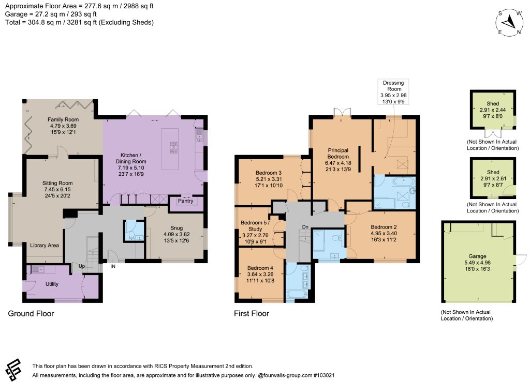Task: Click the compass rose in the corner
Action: pos(509,23)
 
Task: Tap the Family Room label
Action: pos(63,119)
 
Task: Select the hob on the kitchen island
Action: pos(173,147)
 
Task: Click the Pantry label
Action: pos(186,201)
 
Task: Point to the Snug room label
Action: pos(176,228)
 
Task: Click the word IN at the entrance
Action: pos(113,266)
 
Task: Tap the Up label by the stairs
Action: pos(82,266)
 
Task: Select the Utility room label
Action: pos(52,284)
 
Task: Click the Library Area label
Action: pos(45,246)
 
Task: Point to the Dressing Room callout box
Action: pos(393,92)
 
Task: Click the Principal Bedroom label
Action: pos(338,154)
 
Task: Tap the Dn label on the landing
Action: pos(305,227)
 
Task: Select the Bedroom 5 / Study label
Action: pos(255,226)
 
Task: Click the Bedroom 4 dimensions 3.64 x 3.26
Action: pos(260,274)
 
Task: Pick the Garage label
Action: pos(477,256)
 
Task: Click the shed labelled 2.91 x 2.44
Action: pos(493,110)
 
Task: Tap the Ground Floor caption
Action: pos(31,313)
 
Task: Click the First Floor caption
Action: pos(252,313)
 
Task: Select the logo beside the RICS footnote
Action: pos(13,369)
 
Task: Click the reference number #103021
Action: pos(324,375)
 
